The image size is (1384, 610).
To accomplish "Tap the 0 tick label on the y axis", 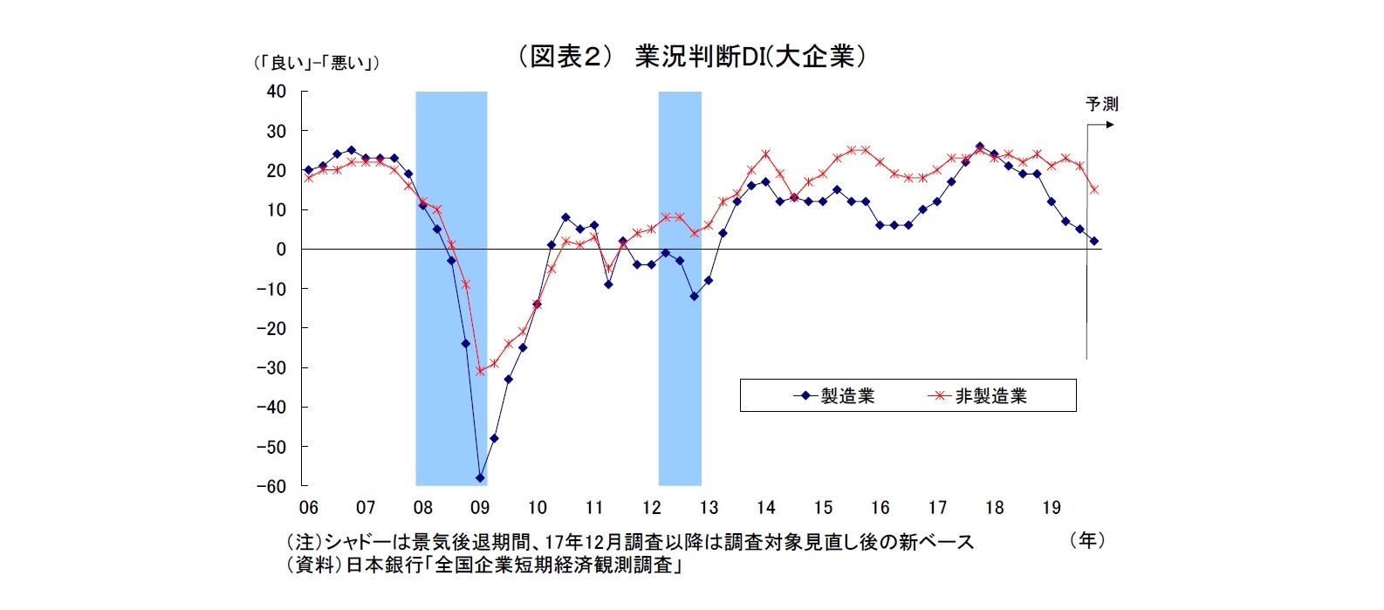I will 281,249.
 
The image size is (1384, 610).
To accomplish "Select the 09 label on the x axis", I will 479,508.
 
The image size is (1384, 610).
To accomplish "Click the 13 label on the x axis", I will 709,508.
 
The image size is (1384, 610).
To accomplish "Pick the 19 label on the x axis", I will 1052,508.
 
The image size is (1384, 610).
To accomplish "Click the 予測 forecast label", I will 1101,104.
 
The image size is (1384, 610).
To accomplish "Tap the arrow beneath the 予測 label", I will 1101,125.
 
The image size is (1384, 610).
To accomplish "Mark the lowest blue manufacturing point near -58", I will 480,478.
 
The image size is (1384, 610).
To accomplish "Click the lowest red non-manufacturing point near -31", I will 480,371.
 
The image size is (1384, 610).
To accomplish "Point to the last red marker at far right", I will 1094,189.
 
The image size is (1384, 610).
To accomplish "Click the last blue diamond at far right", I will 1094,241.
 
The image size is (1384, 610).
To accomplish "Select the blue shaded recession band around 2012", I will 680,288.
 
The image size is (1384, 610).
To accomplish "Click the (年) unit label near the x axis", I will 1087,540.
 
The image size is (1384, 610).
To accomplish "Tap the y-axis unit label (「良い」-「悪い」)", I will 315,63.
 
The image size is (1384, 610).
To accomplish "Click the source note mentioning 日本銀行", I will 484,565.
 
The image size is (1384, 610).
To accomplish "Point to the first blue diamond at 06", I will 308,170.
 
